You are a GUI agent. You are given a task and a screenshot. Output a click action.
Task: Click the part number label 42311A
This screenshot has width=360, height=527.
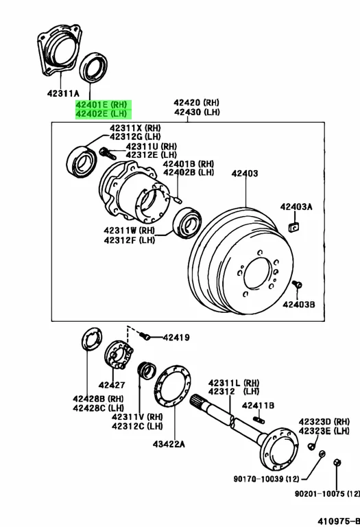(63, 93)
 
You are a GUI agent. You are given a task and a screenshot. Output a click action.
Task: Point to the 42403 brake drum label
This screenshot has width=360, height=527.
(245, 174)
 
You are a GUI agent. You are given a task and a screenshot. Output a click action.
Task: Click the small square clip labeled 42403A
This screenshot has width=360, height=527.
(294, 227)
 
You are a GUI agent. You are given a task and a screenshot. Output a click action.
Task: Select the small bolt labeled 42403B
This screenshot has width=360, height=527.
(297, 285)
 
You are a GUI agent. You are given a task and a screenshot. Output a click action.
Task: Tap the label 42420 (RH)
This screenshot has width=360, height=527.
(196, 102)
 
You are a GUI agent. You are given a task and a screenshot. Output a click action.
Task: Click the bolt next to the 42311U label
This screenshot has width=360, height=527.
(108, 153)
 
